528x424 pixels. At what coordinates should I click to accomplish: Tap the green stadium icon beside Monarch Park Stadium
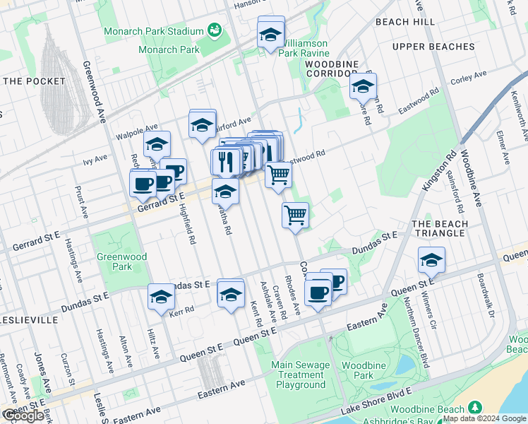(x=215, y=31)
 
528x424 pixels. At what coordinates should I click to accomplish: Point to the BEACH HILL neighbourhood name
(x=405, y=23)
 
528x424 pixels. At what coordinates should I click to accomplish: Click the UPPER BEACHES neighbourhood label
(x=433, y=47)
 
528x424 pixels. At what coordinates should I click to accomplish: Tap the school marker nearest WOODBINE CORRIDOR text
(x=363, y=87)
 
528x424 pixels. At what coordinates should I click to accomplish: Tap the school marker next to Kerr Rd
(x=161, y=297)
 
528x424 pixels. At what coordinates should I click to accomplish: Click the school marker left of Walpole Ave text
(x=157, y=145)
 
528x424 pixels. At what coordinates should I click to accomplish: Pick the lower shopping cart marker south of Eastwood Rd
(x=295, y=215)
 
